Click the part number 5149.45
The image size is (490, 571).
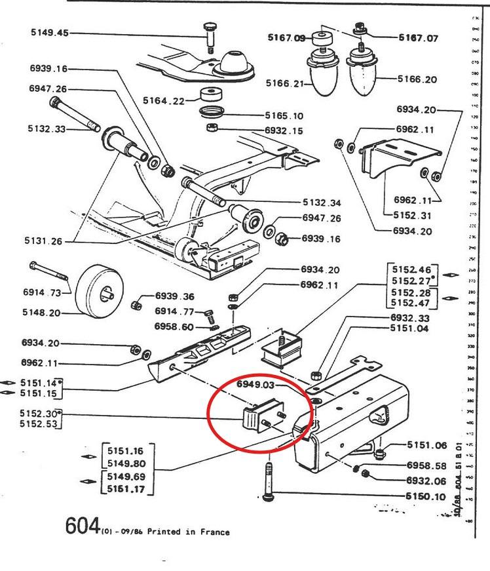click(49, 33)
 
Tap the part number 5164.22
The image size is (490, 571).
click(162, 100)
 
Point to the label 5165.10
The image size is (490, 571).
click(285, 115)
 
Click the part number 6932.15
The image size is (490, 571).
click(284, 131)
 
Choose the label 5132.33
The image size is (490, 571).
click(47, 129)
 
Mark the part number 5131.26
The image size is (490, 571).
click(45, 241)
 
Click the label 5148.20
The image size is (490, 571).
click(41, 313)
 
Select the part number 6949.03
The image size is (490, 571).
click(255, 385)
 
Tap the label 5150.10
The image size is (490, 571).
click(426, 496)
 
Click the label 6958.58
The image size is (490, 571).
click(426, 466)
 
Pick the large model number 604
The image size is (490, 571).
click(83, 526)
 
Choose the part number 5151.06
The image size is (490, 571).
click(426, 445)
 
